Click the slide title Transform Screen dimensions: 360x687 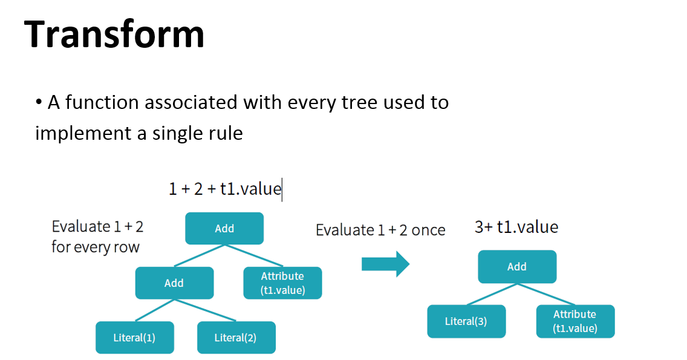tap(115, 34)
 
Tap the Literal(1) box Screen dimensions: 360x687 tap(134, 338)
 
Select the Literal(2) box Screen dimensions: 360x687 tap(236, 338)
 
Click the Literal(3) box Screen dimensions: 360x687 tap(466, 321)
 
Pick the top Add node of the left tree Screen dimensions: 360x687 tap(224, 229)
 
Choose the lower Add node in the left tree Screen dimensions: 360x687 tap(174, 283)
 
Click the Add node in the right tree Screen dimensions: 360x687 tap(516, 267)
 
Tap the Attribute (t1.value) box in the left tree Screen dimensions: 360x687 tap(282, 283)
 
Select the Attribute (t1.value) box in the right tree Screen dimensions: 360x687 tap(575, 321)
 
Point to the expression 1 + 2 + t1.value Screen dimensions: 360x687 tap(225, 189)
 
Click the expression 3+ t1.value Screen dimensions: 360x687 tap(516, 227)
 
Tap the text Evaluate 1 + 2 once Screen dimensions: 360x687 tap(380, 230)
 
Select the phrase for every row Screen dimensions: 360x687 tap(96, 247)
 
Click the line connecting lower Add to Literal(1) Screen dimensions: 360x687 tap(154, 310)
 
